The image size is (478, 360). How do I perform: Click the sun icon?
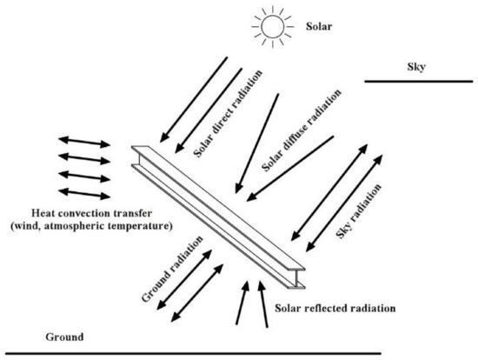(270, 26)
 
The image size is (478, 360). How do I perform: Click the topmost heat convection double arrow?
(85, 142)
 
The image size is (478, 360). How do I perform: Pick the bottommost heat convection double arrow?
(85, 191)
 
